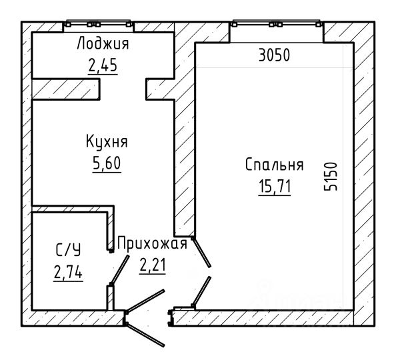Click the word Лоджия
pos(103,43)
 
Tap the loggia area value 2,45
pos(103,65)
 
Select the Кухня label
pos(107,141)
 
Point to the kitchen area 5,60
pos(107,163)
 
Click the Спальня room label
pos(274,165)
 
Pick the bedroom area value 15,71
pos(275,187)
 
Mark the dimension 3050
pos(274,55)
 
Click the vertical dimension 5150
pos(331,177)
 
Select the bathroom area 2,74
pos(68,273)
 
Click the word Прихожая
pos(153,244)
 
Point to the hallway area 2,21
pos(153,265)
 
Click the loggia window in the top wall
pos(99,24)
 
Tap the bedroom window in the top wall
pos(277,24)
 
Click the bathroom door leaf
pos(120,270)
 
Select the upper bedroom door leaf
pos(201,252)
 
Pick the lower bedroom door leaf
pos(201,292)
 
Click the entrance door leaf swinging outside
pos(145,335)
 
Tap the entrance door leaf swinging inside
pos(145,301)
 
